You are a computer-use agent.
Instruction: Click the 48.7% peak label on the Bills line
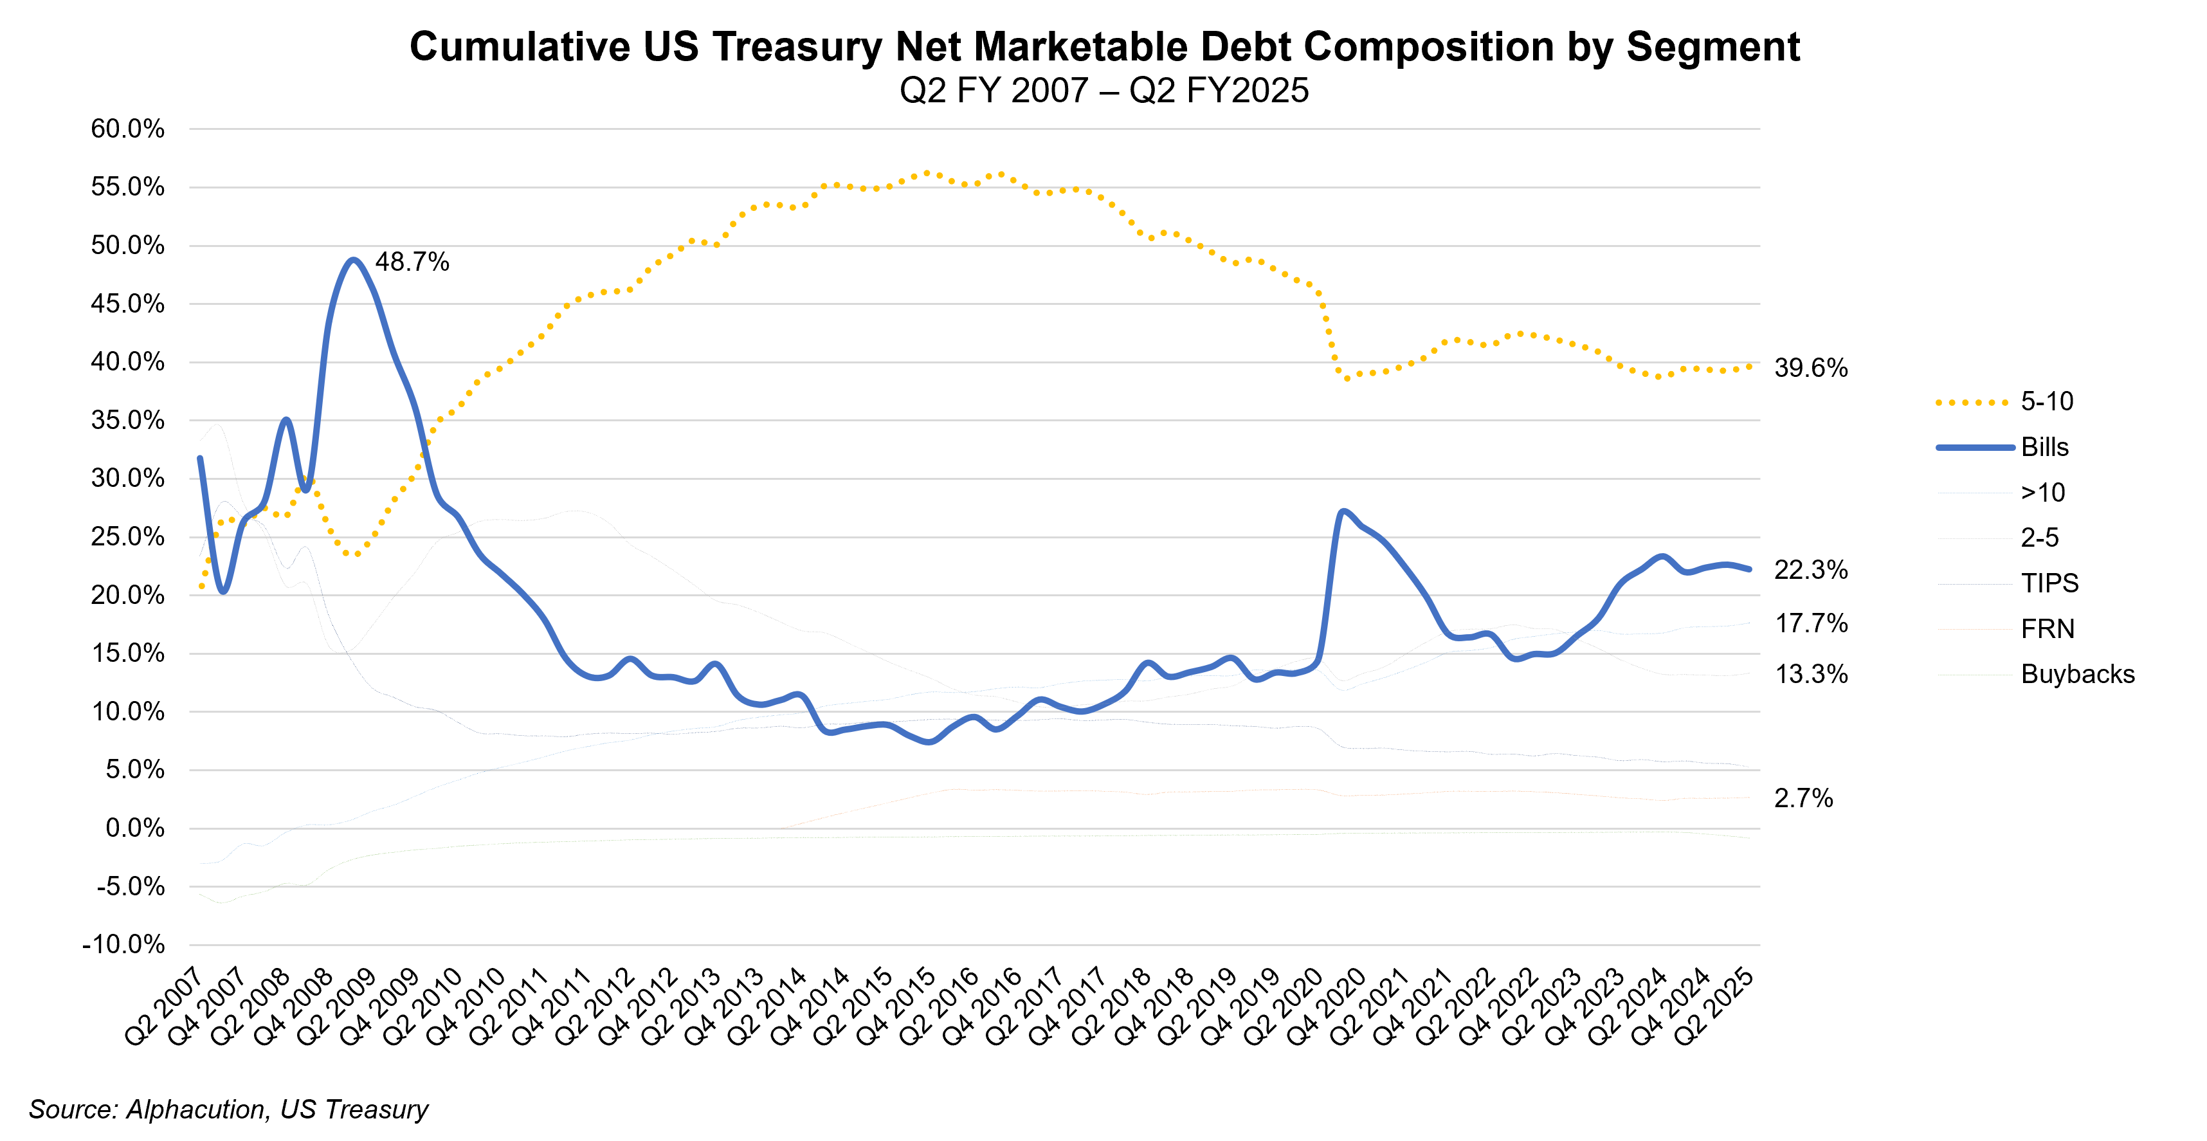click(412, 262)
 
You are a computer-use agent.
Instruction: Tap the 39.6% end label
click(1810, 369)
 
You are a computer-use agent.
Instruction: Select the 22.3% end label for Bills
click(1810, 570)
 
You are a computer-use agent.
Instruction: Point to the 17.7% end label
click(1810, 624)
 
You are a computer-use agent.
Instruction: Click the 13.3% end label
click(1810, 675)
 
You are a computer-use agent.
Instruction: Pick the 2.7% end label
click(1803, 798)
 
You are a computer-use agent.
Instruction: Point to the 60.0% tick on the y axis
click(128, 129)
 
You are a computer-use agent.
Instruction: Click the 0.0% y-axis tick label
click(134, 828)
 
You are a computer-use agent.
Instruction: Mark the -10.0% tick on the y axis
click(123, 945)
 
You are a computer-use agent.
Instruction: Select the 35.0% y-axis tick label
click(128, 421)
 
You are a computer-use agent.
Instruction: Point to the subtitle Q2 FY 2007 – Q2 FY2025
click(1103, 91)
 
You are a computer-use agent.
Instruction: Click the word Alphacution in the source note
click(196, 1109)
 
